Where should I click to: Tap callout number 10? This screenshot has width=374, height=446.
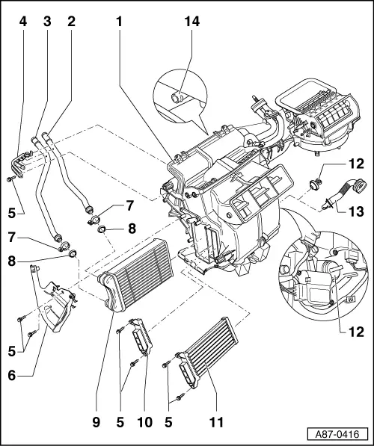pyautogui.click(x=144, y=422)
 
